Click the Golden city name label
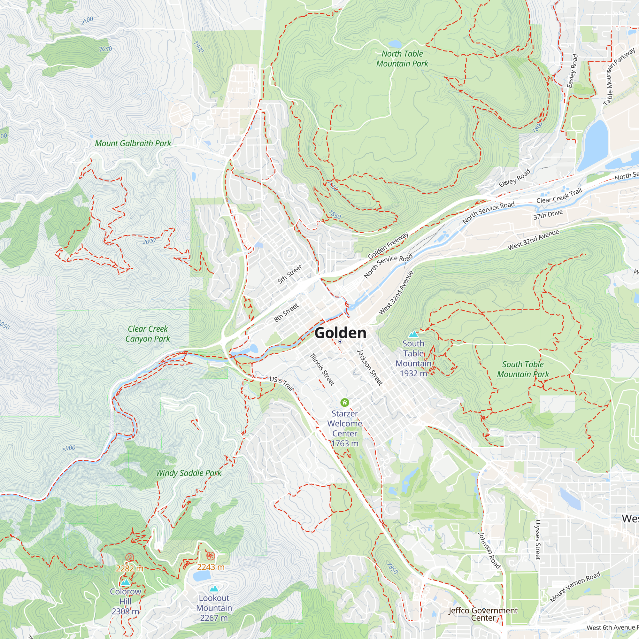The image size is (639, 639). pos(340,333)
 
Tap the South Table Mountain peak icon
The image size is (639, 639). pos(413,334)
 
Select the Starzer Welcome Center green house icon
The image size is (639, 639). pos(345,403)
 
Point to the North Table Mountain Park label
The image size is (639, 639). pos(402,58)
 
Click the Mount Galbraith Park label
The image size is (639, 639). pos(133,143)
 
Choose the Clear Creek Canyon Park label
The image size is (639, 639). pos(148,334)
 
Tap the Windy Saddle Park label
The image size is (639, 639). pos(189,473)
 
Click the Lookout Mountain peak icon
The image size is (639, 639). pos(214,589)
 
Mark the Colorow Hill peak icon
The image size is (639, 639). pos(125,582)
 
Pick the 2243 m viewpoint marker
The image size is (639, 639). pos(211,556)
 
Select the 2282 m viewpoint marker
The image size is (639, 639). pos(130,558)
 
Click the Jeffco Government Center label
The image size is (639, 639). pos(483,614)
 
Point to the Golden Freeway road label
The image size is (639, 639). pos(388,245)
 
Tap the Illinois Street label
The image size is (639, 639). pos(322,369)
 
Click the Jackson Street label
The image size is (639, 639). pos(370,367)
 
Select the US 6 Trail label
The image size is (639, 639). pos(281,383)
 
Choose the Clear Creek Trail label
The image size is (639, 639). pos(559,196)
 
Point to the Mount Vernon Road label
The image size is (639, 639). pos(575,587)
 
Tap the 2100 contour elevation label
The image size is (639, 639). pos(87,21)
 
